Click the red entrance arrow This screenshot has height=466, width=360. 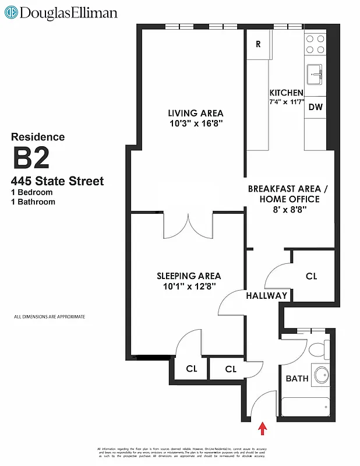[263, 429]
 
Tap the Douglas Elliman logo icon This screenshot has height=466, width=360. [10, 12]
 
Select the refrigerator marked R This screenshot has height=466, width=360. [258, 44]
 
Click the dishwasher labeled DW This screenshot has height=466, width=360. [315, 107]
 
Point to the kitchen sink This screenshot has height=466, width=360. [315, 74]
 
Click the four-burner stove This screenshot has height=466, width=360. [315, 44]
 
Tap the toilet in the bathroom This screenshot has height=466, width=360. [318, 350]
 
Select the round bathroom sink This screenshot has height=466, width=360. [320, 375]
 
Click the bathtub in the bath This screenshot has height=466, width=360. [305, 405]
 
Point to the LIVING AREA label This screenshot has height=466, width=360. [195, 113]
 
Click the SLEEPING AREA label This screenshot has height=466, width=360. [189, 276]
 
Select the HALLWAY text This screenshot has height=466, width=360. [266, 295]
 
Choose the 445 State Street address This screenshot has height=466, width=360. [57, 181]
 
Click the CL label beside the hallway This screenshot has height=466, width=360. [312, 276]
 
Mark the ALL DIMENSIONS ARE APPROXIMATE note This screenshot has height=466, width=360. [50, 317]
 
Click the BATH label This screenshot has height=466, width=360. [297, 379]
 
